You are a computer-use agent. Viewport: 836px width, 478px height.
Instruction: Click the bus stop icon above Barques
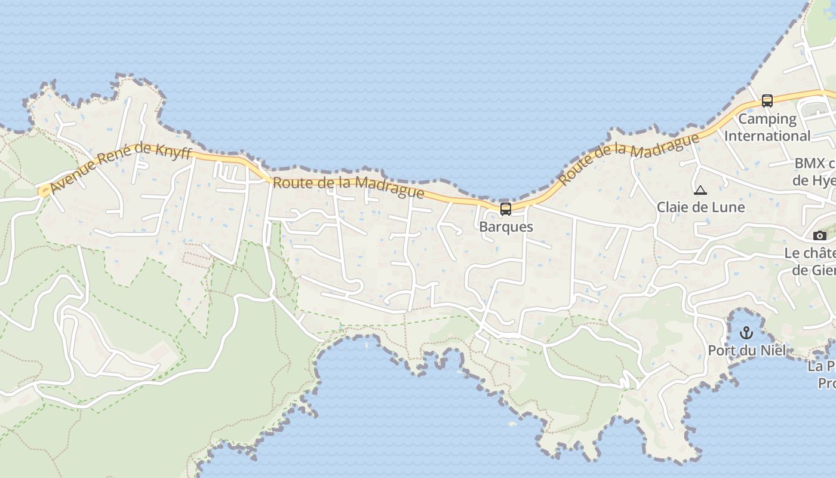(506, 209)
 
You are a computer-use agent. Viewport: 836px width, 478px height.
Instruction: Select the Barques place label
(506, 227)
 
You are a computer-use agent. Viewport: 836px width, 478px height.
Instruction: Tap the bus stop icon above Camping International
(767, 101)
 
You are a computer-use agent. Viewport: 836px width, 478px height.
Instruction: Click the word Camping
(767, 119)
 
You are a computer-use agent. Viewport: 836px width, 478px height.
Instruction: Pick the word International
(767, 136)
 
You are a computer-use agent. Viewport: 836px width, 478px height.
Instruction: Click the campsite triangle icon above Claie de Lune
(700, 191)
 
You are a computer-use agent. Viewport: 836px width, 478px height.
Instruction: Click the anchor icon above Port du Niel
(746, 333)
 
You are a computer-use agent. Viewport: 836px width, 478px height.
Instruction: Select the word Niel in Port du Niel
(774, 350)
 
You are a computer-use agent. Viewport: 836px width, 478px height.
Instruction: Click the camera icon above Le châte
(820, 236)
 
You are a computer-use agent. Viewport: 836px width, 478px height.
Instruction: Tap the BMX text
(810, 163)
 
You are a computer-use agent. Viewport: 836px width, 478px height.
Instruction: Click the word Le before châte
(792, 253)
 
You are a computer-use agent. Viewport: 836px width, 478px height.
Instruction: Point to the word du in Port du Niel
(748, 350)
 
